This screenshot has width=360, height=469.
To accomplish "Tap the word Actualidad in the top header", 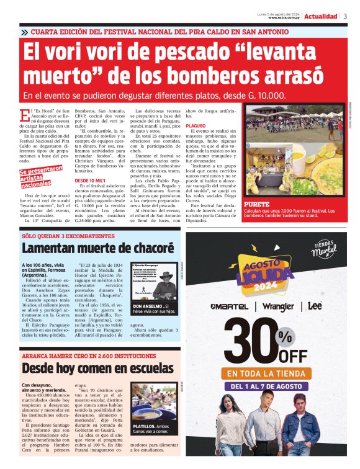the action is [x=321, y=16].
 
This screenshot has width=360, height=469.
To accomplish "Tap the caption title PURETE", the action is [x=258, y=203].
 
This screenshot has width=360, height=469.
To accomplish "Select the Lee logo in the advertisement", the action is [x=316, y=306].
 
